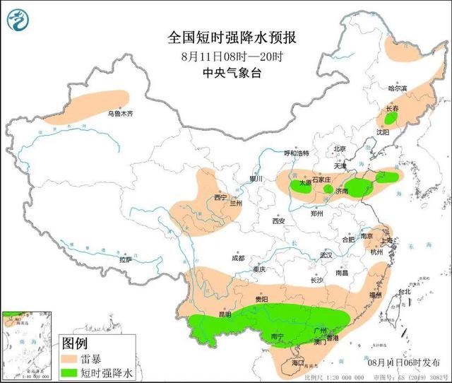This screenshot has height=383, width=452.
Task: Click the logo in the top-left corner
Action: pyautogui.click(x=19, y=19)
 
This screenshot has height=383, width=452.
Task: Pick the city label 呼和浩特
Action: pyautogui.click(x=296, y=153)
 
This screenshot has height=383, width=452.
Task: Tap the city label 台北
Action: pyautogui.click(x=404, y=291)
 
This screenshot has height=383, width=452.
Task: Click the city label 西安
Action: pyautogui.click(x=278, y=221)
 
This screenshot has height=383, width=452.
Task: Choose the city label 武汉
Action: pyautogui.click(x=326, y=254)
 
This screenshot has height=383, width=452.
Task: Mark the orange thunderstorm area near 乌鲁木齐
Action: pyautogui.click(x=88, y=106)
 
